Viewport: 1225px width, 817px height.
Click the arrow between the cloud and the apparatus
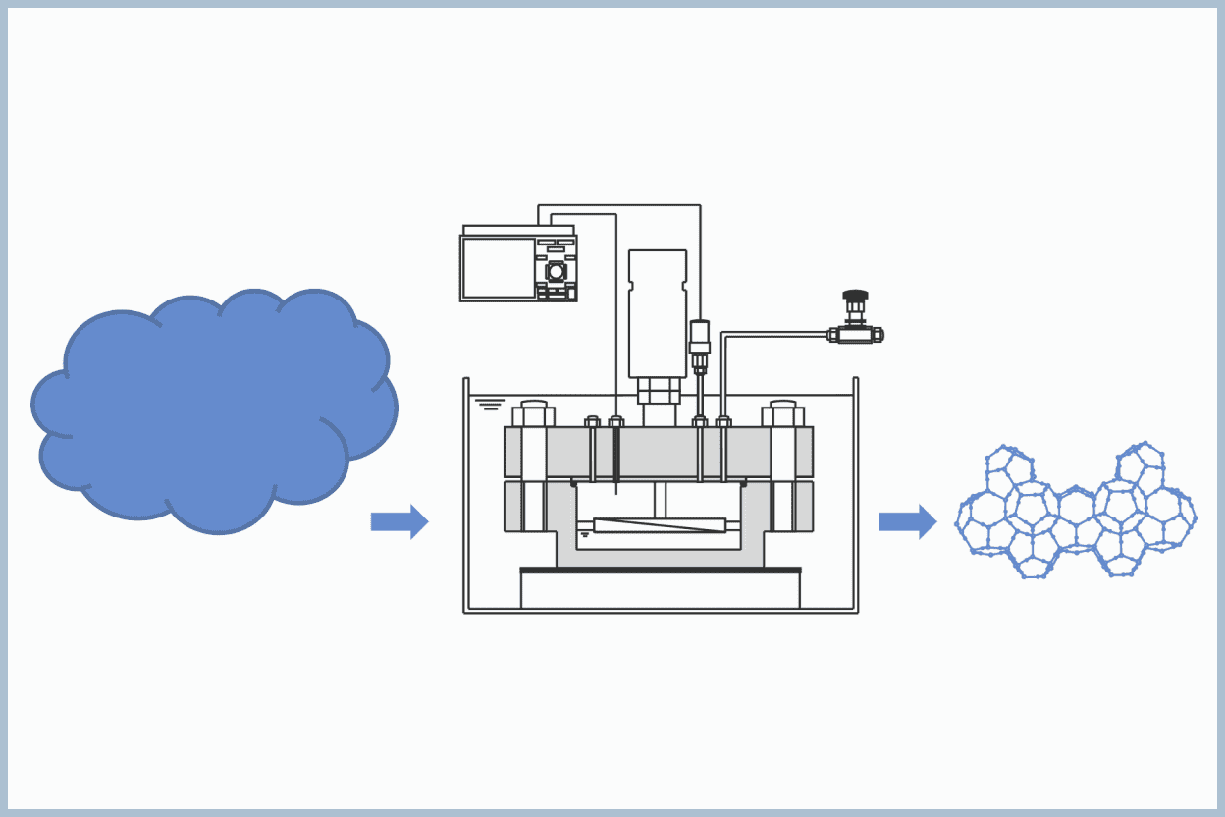(x=399, y=521)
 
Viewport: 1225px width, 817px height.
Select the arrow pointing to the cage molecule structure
(x=907, y=521)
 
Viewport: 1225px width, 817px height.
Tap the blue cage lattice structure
(x=1076, y=513)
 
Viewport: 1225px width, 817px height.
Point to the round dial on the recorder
(x=557, y=271)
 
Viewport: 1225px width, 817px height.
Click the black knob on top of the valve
(x=855, y=295)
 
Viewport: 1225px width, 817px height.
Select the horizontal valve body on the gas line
(x=855, y=335)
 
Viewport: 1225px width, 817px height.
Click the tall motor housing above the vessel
(x=658, y=312)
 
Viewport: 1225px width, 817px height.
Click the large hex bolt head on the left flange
(x=533, y=414)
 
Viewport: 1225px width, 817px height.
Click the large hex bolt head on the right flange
(x=783, y=414)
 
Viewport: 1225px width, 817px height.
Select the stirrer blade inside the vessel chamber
(x=660, y=525)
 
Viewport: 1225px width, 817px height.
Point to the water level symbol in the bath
(x=490, y=404)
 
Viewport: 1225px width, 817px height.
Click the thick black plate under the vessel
(x=660, y=570)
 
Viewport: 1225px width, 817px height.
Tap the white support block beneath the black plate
(x=660, y=591)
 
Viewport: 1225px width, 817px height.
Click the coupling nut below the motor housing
(x=658, y=391)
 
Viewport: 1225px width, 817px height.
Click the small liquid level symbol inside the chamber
(x=585, y=534)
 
